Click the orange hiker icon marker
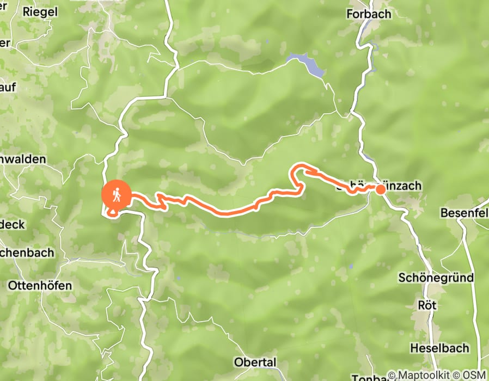tap(117, 194)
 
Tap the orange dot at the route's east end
tap(380, 189)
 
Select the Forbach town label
tap(369, 14)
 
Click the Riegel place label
tap(40, 11)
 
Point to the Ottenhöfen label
tap(40, 285)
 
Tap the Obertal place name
tap(255, 362)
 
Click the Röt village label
tap(427, 304)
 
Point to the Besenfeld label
tap(464, 212)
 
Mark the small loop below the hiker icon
tap(113, 212)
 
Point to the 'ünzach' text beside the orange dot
tap(404, 187)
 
